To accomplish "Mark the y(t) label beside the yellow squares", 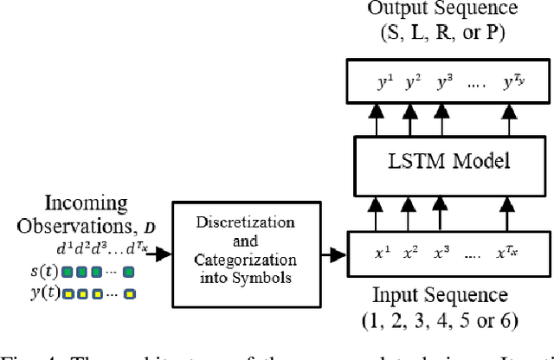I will pos(40,294).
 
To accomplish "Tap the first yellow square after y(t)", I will pos(65,294).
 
